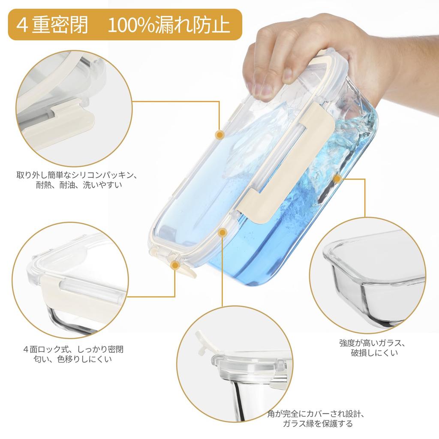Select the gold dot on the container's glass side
click(x=337, y=178)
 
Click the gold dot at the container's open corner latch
click(x=174, y=266)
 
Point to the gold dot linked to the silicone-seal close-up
click(x=220, y=135)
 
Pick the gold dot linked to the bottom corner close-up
click(x=222, y=232)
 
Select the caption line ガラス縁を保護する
click(x=318, y=424)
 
